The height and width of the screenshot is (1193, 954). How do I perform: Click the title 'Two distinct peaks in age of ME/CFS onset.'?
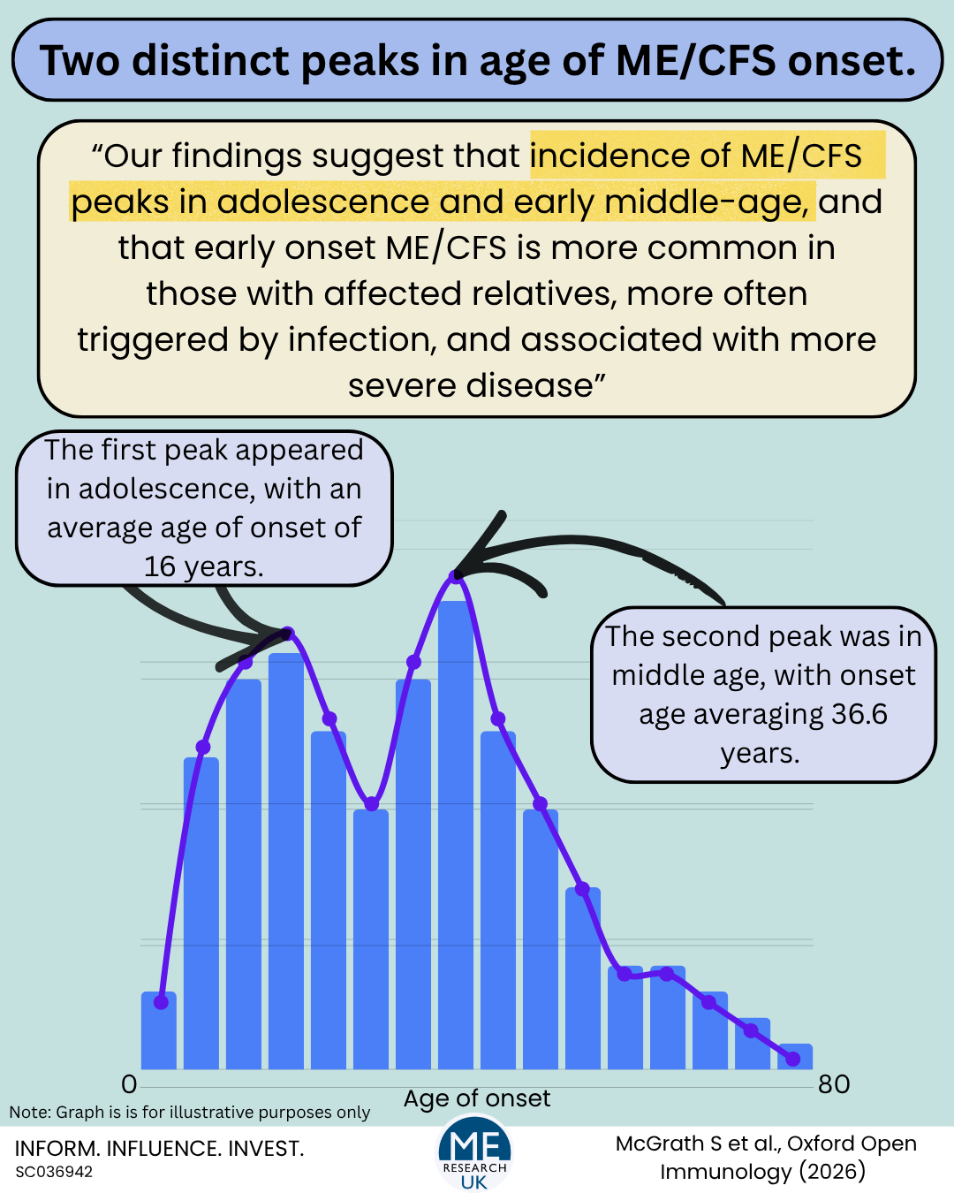point(477,60)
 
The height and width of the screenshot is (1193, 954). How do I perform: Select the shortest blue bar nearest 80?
point(794,1057)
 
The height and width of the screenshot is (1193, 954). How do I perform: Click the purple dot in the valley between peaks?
point(372,804)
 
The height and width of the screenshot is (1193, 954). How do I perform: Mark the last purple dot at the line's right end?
point(792,1059)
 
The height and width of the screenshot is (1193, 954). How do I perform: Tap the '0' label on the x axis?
point(129,1084)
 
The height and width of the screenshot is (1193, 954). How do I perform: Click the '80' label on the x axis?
point(834,1084)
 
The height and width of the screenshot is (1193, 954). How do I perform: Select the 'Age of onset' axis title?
point(477,1098)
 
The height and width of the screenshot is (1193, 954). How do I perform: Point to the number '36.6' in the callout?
point(851,714)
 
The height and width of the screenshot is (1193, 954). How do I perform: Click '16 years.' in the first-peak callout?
point(204,566)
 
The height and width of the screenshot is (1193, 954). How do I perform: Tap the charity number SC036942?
point(54,1173)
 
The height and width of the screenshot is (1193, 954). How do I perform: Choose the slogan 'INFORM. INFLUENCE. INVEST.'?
point(159,1149)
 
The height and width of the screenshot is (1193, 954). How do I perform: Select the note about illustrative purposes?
point(190,1113)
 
